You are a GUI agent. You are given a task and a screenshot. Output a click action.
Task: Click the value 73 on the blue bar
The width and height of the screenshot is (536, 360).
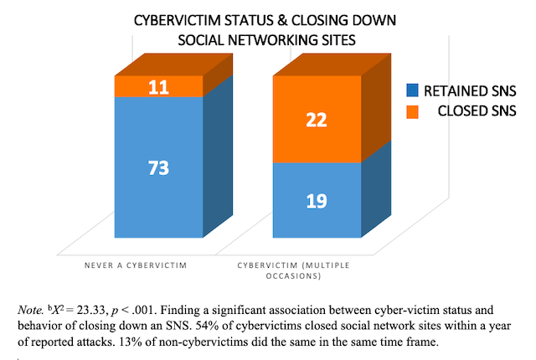(x=157, y=167)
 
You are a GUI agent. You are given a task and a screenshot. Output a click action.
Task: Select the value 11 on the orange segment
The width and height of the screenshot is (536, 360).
(x=157, y=85)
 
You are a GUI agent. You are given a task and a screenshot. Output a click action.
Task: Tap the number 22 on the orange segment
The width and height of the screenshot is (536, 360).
(x=317, y=120)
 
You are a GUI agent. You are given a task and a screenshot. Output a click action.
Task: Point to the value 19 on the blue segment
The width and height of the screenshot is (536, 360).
(x=317, y=201)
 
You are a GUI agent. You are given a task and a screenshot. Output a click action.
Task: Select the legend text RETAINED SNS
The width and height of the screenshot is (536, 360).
(x=468, y=90)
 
